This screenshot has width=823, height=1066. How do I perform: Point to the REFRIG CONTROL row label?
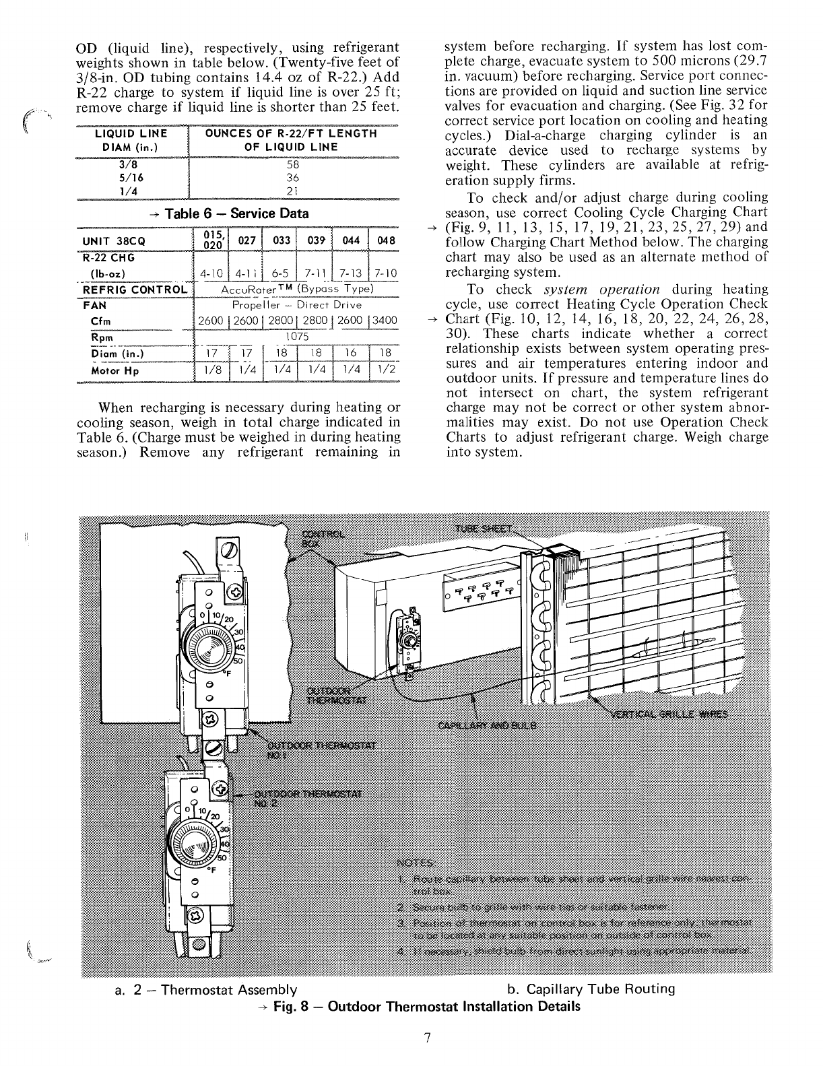click(x=135, y=290)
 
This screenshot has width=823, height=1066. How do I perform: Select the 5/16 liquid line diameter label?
click(x=130, y=178)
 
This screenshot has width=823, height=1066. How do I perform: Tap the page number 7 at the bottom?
click(x=426, y=1038)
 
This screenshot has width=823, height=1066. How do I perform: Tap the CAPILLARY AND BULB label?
click(x=487, y=725)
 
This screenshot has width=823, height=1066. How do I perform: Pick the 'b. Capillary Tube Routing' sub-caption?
click(x=591, y=989)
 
